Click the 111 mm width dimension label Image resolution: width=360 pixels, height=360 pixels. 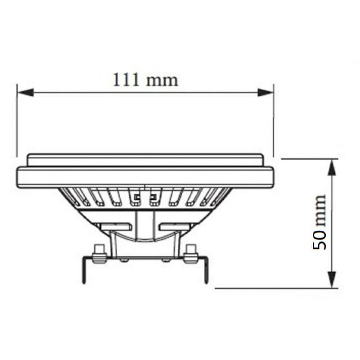(145, 80)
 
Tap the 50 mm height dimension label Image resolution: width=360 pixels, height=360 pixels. (319, 222)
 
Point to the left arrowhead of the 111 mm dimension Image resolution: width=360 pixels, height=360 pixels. (26, 92)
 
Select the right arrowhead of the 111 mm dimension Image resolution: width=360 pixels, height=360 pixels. (265, 92)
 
